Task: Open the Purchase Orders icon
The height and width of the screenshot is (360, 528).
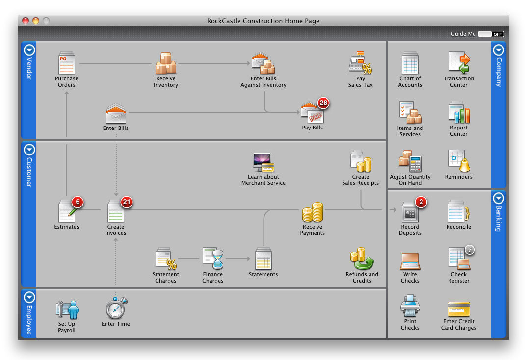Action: (x=66, y=63)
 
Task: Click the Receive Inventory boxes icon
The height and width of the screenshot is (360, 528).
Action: (x=166, y=63)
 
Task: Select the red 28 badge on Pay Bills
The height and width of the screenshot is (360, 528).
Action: (x=323, y=103)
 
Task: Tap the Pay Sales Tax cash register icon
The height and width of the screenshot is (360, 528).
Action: (x=360, y=63)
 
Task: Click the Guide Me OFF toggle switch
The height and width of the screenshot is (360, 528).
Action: (x=491, y=34)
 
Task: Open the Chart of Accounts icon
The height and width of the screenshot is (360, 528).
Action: (x=410, y=63)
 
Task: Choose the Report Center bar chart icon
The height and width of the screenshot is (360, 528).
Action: (x=459, y=112)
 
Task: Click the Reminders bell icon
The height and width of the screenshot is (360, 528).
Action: (x=459, y=161)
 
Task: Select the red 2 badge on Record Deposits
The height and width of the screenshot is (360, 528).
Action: (x=421, y=202)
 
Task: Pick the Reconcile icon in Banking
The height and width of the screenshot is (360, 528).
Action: (x=459, y=211)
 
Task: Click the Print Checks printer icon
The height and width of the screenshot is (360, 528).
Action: (x=410, y=307)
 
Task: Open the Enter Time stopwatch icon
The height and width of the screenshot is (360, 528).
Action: (x=116, y=308)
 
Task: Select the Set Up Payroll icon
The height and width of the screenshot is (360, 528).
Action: (x=67, y=309)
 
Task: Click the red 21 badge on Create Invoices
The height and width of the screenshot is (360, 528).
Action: (x=127, y=202)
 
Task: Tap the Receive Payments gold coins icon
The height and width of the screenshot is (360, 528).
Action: (x=313, y=212)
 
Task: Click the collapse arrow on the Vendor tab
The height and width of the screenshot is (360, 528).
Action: (x=29, y=50)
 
